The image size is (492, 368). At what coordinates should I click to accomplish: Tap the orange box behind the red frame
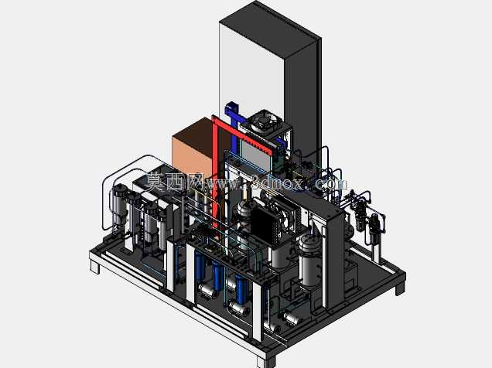(x=193, y=148)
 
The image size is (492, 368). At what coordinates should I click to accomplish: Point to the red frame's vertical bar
(x=215, y=172)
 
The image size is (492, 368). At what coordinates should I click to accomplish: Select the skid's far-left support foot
(x=95, y=266)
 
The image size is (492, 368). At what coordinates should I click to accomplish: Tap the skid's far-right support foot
(x=400, y=288)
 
